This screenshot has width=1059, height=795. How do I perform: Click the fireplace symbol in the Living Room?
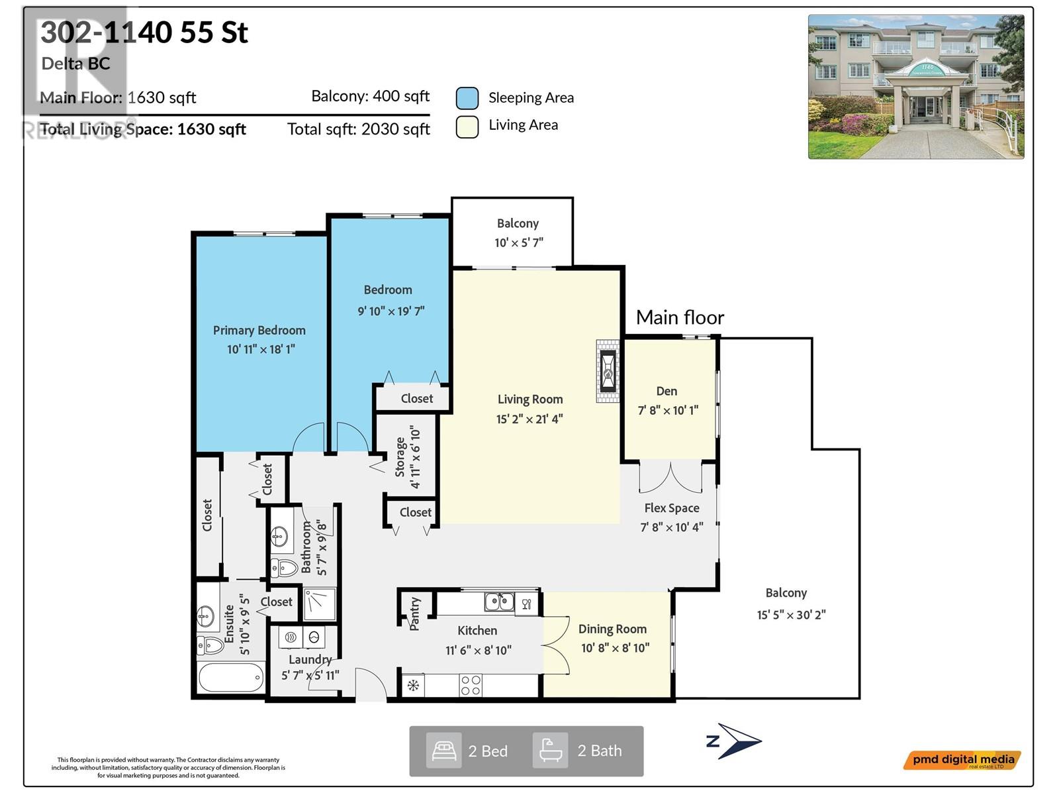coord(608,371)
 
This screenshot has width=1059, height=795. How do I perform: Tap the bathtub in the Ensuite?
coord(230,678)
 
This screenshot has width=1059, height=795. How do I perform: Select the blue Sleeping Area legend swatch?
coord(467,98)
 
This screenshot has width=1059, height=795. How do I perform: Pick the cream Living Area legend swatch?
coord(467,127)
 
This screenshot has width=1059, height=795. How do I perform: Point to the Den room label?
coord(667,392)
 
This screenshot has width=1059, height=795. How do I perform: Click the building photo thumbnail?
coord(915,87)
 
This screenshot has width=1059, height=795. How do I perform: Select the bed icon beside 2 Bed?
coord(443,751)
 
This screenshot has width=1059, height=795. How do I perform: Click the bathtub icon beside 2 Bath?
coord(551,751)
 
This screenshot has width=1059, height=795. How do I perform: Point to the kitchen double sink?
coord(499,602)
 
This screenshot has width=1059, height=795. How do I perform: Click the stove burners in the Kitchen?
coord(471,686)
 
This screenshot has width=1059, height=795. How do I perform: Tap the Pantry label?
coord(415,613)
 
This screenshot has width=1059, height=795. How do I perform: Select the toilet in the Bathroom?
coord(285,568)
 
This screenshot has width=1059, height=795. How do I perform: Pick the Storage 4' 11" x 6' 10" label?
coord(408,456)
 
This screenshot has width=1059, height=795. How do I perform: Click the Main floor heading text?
coord(680,317)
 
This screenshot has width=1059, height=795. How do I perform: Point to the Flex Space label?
coord(672,508)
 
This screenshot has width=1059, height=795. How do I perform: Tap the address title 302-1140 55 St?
coord(144,33)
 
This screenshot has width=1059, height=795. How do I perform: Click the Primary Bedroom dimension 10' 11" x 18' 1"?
coord(261,349)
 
